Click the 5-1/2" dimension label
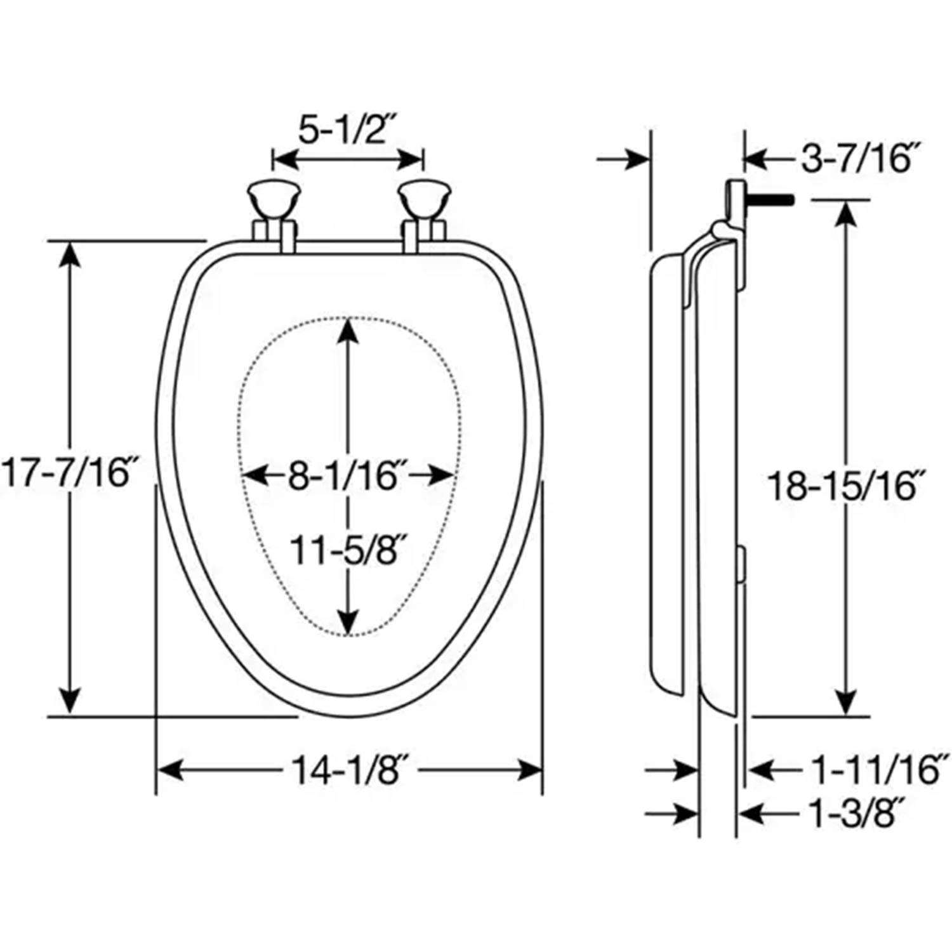347,130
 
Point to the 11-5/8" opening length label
347,550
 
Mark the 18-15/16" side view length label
843,486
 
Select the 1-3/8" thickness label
857,814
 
